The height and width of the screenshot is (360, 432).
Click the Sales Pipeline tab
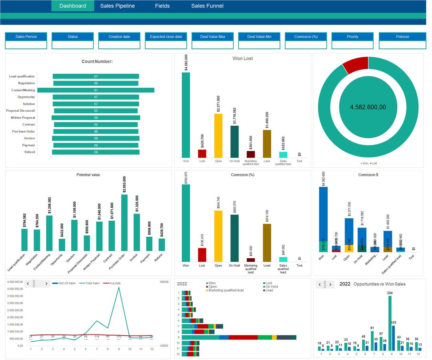click(x=117, y=6)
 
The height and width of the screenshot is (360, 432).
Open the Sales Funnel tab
click(x=207, y=6)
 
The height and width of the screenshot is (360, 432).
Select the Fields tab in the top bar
click(x=162, y=6)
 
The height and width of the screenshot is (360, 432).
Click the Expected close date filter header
click(x=166, y=36)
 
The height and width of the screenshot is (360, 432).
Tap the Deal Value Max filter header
click(x=212, y=36)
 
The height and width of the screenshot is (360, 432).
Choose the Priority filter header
click(x=352, y=36)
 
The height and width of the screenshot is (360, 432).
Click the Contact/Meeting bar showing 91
click(x=96, y=90)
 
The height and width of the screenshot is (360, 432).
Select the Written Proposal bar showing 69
click(x=96, y=118)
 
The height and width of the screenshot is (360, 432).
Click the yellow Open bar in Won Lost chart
click(x=218, y=136)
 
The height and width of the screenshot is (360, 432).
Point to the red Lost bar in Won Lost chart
click(x=202, y=153)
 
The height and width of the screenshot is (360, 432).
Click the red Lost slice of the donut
click(x=355, y=65)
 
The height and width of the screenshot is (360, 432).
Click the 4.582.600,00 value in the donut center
click(x=368, y=107)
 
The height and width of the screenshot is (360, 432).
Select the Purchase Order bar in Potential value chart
click(x=124, y=223)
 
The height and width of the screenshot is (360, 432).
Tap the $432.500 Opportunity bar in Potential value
click(x=62, y=245)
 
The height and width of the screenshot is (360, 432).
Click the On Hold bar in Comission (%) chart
click(x=234, y=238)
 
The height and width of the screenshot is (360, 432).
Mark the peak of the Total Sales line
click(x=118, y=287)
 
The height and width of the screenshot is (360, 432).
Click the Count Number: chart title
click(x=97, y=62)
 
